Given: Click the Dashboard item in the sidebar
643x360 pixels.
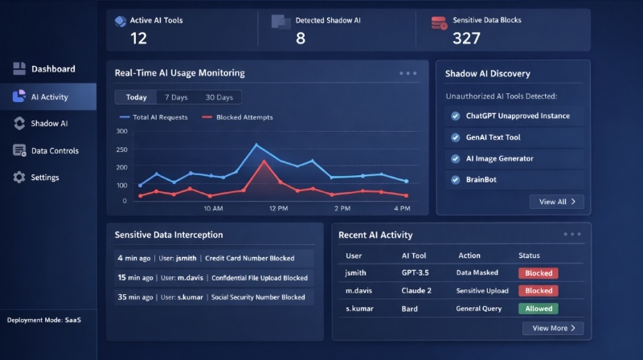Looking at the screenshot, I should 53,69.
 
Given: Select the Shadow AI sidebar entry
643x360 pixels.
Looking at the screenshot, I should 49,124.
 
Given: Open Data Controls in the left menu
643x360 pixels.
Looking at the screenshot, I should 55,150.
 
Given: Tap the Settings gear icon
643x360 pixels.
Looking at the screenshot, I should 19,178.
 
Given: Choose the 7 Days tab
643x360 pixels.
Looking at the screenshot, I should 177,97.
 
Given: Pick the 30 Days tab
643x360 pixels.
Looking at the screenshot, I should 219,97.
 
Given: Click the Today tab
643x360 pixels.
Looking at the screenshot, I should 137,97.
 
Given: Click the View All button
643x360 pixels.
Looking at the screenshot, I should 556,202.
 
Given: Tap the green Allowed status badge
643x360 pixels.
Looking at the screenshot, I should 539,309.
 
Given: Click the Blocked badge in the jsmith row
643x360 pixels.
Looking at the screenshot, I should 539,273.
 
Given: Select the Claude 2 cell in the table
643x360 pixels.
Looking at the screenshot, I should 417,291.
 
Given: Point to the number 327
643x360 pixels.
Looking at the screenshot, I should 466,38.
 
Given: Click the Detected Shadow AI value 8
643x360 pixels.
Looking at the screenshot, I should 300,38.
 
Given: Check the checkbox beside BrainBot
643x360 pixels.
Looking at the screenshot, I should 456,180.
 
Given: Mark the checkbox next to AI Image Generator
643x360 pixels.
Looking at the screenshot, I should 456,159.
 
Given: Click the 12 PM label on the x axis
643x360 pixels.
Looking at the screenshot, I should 278,209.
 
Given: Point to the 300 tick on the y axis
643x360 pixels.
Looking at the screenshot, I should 122,131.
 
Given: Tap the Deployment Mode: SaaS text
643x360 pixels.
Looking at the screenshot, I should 44,320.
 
